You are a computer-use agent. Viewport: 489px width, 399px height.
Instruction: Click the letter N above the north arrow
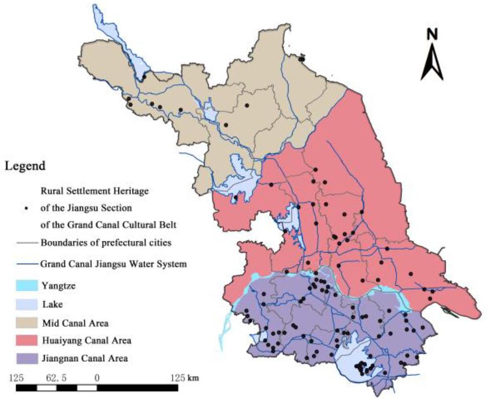point(432,34)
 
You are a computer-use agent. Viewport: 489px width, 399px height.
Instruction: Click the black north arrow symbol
point(432,63)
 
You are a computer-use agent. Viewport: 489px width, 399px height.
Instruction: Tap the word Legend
point(25,166)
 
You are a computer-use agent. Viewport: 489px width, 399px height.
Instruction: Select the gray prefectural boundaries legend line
point(26,243)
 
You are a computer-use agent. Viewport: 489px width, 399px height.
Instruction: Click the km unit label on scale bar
point(193,377)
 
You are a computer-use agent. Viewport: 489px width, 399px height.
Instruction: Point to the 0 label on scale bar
point(96,377)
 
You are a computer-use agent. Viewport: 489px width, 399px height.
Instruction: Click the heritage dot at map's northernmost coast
point(302,59)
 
